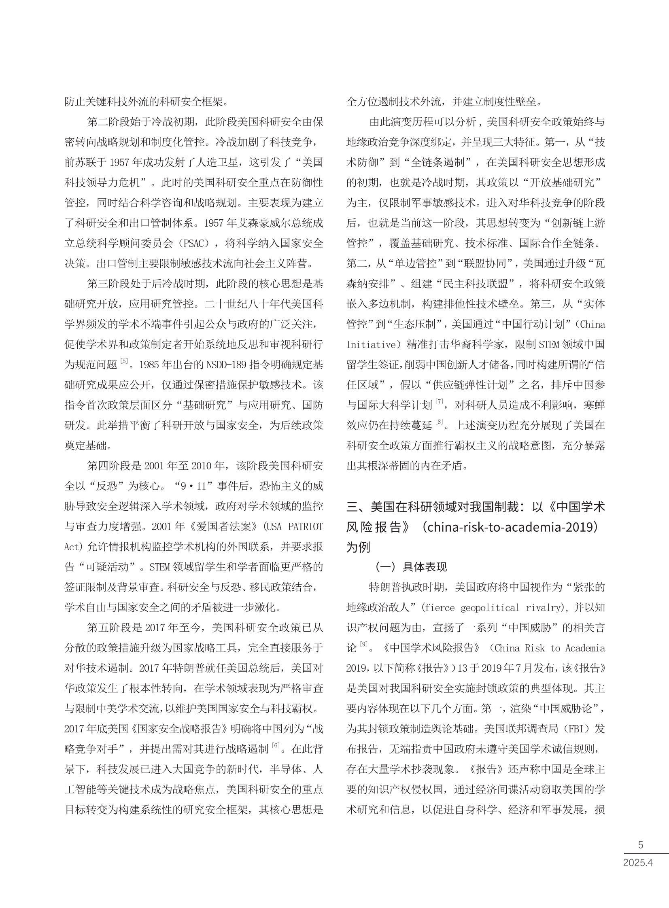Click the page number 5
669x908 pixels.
pyautogui.click(x=640, y=845)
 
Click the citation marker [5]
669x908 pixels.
pyautogui.click(x=124, y=361)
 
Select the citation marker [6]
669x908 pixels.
pyautogui.click(x=276, y=746)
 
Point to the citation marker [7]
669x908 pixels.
pyautogui.click(x=440, y=401)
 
